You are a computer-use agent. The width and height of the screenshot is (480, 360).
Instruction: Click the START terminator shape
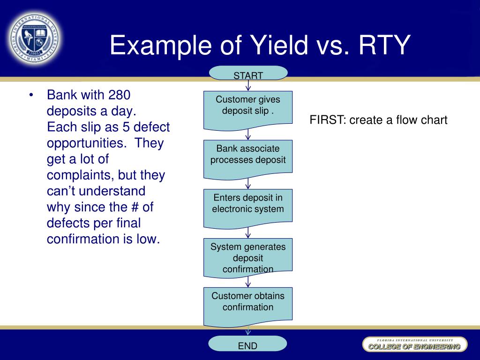click(248, 74)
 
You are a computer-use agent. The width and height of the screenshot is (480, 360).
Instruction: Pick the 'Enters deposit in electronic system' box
click(248, 207)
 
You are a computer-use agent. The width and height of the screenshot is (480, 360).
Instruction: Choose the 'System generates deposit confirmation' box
click(248, 256)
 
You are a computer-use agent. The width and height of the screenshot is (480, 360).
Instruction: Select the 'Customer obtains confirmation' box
click(248, 305)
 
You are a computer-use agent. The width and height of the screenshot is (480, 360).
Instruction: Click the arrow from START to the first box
click(248, 86)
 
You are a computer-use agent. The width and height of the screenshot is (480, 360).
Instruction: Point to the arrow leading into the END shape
click(248, 331)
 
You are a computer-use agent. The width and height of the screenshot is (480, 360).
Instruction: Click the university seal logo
click(34, 38)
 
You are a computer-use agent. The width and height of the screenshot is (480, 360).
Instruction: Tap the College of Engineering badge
click(414, 345)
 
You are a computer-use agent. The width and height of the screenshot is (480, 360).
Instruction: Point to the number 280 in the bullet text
click(119, 95)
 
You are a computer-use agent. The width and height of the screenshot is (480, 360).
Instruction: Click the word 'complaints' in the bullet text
click(80, 175)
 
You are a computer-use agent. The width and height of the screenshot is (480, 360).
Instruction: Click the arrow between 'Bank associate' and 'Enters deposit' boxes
click(248, 184)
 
